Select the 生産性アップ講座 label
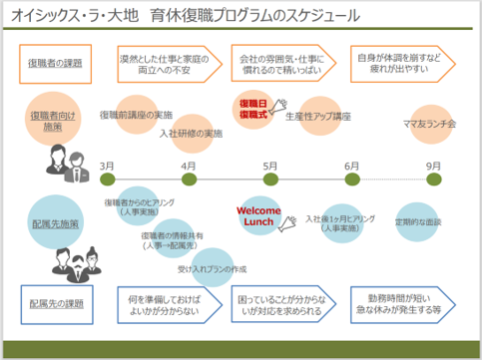pos(318,117)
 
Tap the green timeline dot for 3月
pos(107,180)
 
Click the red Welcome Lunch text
pos(260,216)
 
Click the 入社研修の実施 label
pos(189,133)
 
